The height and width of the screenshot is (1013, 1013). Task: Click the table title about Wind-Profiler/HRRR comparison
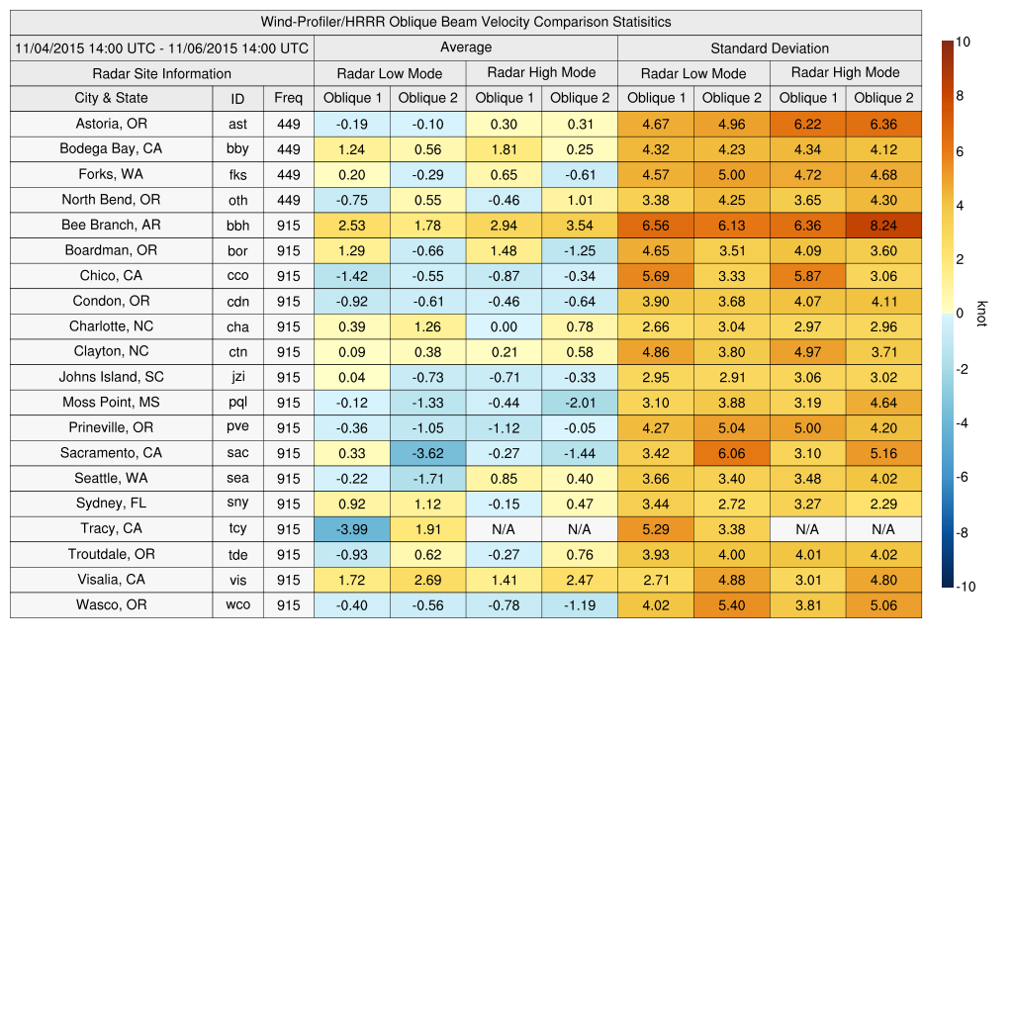(466, 22)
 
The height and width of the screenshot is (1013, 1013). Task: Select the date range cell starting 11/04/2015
(162, 47)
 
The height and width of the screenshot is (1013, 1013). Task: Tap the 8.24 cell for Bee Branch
(883, 225)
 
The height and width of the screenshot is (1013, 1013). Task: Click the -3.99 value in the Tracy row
(351, 528)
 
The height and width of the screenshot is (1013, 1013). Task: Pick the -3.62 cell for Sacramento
(427, 453)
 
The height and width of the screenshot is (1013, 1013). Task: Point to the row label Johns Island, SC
(111, 377)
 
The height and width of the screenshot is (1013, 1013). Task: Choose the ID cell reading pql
(237, 402)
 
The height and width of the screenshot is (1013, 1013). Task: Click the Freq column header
(288, 98)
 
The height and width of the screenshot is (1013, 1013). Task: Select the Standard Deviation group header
(770, 47)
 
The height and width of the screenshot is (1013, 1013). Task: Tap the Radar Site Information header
(162, 73)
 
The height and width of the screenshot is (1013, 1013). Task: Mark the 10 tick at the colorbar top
(964, 42)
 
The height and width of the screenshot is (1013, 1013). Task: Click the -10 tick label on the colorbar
(966, 587)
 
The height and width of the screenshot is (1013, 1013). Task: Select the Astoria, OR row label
(111, 124)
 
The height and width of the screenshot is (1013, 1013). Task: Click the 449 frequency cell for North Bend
(288, 199)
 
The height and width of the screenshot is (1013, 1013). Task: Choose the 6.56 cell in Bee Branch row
(656, 225)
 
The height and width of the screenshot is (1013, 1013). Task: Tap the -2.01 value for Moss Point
(580, 402)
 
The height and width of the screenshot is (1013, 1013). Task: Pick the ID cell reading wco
(237, 604)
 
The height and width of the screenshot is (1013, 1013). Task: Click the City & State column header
(111, 98)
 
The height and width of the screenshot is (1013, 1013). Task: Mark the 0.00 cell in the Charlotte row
(504, 326)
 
